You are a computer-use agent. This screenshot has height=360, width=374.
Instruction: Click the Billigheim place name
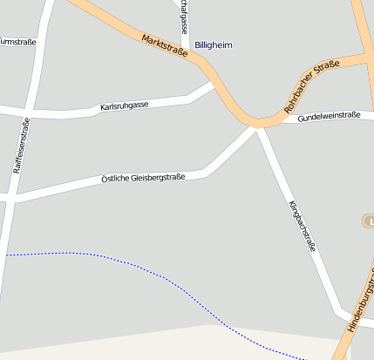tap(214, 44)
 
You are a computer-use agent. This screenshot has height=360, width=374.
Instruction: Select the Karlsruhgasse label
tap(125, 105)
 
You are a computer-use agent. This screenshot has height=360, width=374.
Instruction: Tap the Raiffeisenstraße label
tap(24, 140)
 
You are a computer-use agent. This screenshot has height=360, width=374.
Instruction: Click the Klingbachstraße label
tap(301, 226)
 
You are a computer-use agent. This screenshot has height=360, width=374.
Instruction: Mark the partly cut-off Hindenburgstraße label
tap(360, 302)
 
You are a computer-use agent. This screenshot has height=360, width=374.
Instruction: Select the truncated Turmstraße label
tap(17, 41)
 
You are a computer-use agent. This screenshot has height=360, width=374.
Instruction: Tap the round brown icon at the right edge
tap(368, 221)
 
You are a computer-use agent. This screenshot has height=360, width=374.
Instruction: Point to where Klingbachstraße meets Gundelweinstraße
tap(258, 126)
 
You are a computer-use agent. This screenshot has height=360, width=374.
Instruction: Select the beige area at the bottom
tap(174, 344)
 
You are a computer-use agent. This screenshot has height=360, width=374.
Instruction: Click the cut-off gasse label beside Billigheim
tap(183, 17)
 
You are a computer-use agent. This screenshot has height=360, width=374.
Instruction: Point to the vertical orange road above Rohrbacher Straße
tap(361, 26)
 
